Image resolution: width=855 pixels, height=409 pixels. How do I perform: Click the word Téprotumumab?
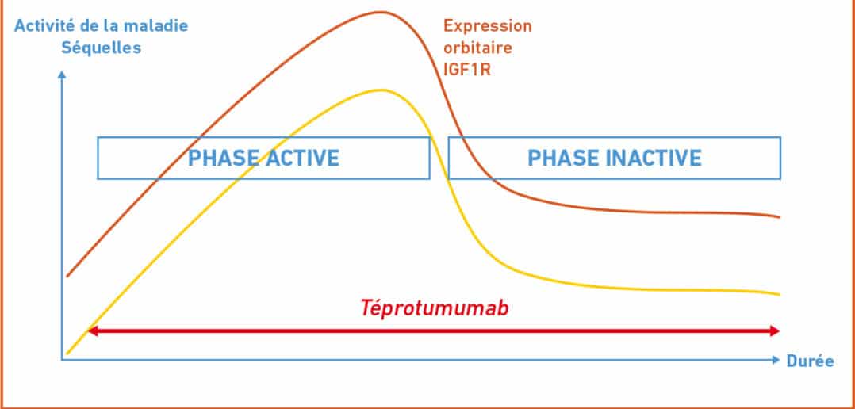click(x=434, y=308)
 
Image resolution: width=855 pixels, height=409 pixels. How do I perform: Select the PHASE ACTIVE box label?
click(x=263, y=158)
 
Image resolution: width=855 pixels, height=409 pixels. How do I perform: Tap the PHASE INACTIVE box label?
click(x=615, y=158)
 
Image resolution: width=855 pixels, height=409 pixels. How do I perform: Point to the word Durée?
click(x=811, y=361)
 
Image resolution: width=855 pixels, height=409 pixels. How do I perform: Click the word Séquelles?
click(x=101, y=48)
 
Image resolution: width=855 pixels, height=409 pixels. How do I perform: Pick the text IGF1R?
click(x=466, y=71)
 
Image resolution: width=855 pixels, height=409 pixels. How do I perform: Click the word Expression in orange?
click(x=488, y=25)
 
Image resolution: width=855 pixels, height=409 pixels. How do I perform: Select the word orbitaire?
click(x=477, y=48)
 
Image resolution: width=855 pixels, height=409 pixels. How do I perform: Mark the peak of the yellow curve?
click(x=383, y=90)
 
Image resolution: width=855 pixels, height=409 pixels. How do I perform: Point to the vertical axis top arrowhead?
click(x=62, y=74)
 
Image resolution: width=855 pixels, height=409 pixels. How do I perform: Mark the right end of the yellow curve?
click(x=780, y=295)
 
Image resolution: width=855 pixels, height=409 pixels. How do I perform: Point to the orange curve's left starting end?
click(x=67, y=276)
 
